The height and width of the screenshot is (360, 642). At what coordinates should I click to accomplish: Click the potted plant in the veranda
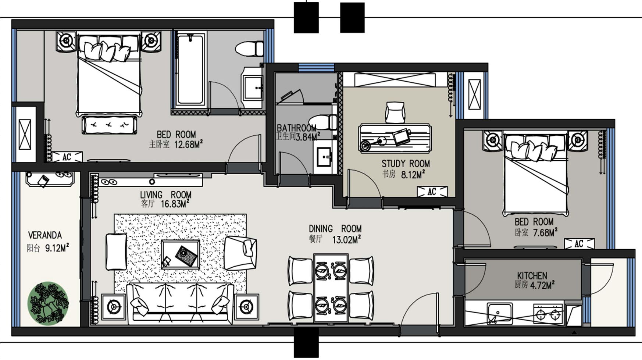pyautogui.click(x=48, y=303)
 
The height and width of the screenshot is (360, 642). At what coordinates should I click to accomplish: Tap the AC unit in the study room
pyautogui.click(x=432, y=192)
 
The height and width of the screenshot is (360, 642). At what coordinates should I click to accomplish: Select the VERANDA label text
pyautogui.click(x=45, y=235)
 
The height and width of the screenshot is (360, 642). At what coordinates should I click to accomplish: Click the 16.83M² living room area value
pyautogui.click(x=175, y=204)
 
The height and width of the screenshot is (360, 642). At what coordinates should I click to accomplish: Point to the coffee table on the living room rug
pyautogui.click(x=181, y=254)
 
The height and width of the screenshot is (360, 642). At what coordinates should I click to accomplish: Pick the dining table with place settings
pyautogui.click(x=331, y=288)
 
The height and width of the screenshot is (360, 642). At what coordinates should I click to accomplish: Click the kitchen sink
pyautogui.click(x=500, y=313)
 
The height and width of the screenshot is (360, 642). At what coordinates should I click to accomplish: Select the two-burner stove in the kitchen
pyautogui.click(x=548, y=314)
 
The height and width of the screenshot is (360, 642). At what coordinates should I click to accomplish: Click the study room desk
pyautogui.click(x=395, y=138)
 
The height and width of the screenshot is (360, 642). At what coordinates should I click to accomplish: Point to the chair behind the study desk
pyautogui.click(x=395, y=112)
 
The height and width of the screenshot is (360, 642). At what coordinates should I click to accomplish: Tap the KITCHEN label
pyautogui.click(x=532, y=275)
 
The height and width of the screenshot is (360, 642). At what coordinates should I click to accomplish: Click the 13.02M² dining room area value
pyautogui.click(x=346, y=240)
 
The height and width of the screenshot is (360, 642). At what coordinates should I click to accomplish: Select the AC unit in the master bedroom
pyautogui.click(x=67, y=157)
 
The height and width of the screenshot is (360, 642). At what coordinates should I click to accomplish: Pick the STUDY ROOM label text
pyautogui.click(x=406, y=164)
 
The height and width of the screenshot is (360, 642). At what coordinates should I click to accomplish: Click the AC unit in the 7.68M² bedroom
pyautogui.click(x=579, y=243)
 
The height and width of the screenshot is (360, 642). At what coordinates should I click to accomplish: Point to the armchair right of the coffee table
pyautogui.click(x=240, y=253)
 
